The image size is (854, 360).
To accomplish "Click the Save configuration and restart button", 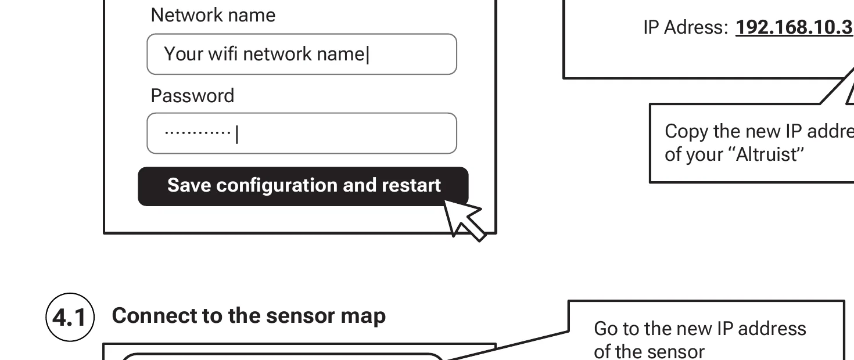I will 303,186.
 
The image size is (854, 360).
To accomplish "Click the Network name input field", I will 302,54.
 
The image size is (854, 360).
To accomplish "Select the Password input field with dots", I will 302,134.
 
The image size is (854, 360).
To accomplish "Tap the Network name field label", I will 213,15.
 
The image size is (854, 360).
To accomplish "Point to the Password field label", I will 192,96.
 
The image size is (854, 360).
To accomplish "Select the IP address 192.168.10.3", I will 794,28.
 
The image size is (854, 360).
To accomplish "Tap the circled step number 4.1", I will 70,318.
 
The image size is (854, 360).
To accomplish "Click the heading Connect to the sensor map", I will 249,316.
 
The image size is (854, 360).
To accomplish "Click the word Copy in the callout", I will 686,131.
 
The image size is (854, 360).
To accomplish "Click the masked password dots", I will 198,133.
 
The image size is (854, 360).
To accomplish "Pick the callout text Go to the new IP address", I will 699,329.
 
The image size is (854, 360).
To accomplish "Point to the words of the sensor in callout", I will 649,351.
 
